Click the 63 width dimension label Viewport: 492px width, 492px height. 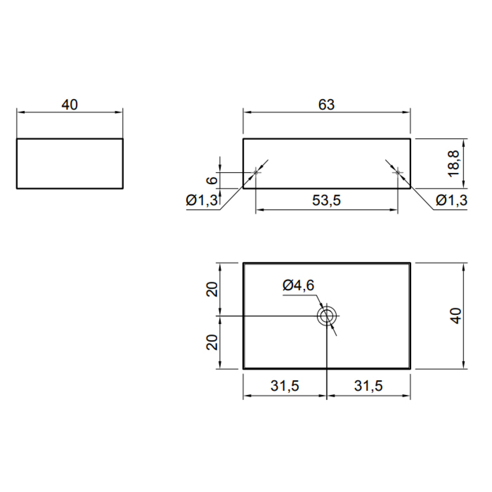point(326,105)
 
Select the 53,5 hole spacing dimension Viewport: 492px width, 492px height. point(326,200)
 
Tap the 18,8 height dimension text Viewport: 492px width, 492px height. point(454,164)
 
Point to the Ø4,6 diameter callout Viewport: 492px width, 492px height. point(298,285)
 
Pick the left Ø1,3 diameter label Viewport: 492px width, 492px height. point(202,200)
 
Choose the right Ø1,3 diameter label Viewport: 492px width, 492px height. point(451,200)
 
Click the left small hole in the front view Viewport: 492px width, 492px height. point(256,173)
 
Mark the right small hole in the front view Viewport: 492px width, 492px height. point(398,173)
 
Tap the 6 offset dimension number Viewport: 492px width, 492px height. point(212,180)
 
